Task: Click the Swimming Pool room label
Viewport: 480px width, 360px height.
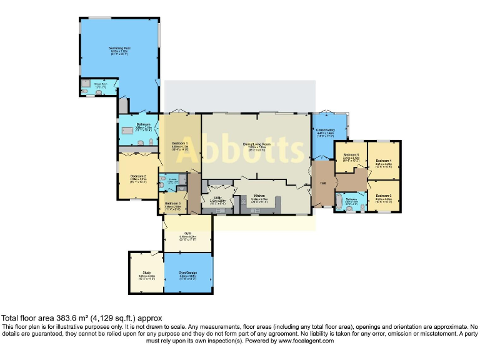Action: tap(119, 47)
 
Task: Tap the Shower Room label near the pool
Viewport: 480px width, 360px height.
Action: tap(102, 83)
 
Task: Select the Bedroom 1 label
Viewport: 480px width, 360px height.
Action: tap(180, 143)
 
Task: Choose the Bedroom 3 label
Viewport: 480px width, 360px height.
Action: tap(173, 204)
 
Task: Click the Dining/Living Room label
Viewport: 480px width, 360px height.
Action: tap(256, 143)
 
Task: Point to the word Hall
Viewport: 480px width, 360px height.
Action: tap(323, 183)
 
